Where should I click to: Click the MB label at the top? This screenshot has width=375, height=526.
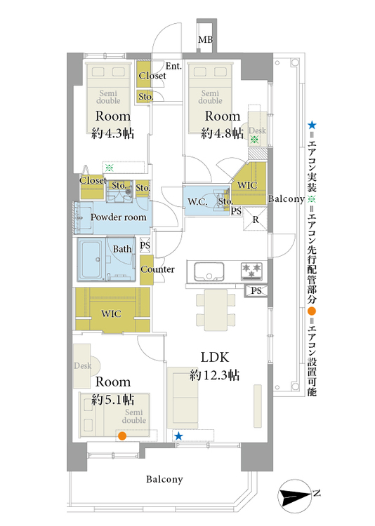[x=205, y=40]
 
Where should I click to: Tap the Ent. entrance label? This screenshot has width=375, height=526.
[x=173, y=66]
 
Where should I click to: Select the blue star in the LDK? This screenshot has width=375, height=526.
[x=178, y=436]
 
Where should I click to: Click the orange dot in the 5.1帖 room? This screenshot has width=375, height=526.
[x=122, y=436]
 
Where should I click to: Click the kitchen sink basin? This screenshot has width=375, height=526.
[x=209, y=271]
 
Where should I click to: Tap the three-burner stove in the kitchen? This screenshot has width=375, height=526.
[x=251, y=271]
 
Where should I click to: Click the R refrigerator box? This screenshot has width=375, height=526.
[x=256, y=220]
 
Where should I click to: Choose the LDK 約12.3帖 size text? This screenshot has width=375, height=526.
[x=214, y=375]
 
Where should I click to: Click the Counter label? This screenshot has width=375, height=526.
[x=157, y=269]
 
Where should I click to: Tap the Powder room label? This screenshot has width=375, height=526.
[x=118, y=217]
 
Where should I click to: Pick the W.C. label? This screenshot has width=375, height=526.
[x=197, y=201]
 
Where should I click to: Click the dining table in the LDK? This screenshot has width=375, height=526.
[x=216, y=308]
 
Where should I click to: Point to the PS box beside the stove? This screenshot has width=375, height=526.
[x=256, y=290]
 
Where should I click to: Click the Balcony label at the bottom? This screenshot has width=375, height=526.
[x=164, y=480]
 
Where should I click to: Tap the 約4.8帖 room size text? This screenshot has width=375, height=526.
[x=223, y=133]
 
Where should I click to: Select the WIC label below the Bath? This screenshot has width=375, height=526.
[x=111, y=313]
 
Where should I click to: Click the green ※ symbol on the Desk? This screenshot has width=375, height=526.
[x=254, y=140]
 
